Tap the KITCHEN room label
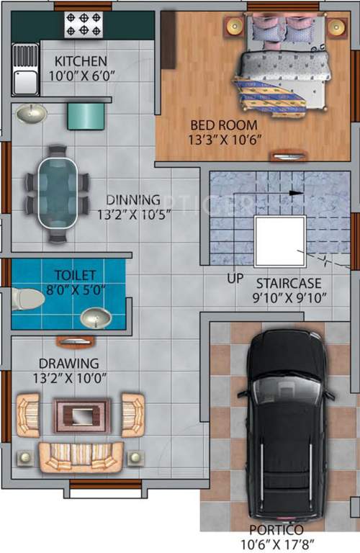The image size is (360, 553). click(x=81, y=61)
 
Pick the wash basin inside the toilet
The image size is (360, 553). click(x=96, y=317)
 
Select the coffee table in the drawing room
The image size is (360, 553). click(x=83, y=416)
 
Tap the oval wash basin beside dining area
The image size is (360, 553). click(x=30, y=113)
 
